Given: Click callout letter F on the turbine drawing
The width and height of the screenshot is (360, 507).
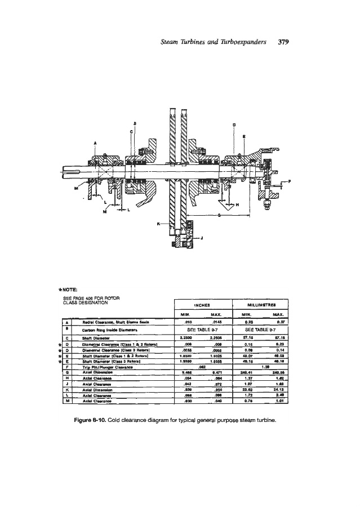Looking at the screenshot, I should pos(290,181).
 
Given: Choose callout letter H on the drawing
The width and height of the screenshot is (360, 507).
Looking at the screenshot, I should pos(237,204).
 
